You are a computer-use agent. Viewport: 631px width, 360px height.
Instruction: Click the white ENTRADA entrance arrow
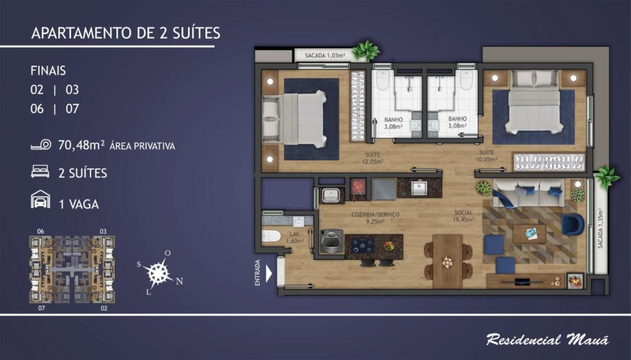coord(269,274)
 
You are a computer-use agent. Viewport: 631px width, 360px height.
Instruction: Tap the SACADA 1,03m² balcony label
coord(325,55)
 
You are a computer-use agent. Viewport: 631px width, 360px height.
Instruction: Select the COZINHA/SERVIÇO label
coord(375,215)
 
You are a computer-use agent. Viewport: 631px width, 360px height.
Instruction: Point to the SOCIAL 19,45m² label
coord(463,216)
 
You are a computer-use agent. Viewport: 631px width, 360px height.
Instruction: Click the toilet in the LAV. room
coord(271,236)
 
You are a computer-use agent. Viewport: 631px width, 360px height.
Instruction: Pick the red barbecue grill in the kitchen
coord(358,188)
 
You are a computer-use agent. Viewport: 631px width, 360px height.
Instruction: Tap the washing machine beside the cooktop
coord(332,241)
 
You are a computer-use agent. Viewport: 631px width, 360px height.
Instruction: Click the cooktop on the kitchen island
coord(362,245)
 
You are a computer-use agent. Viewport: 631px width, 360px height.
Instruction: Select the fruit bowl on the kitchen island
coord(389,245)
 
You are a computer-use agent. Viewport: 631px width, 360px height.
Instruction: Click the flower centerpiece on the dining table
coord(447,262)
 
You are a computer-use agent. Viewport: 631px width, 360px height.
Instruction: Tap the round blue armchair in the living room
coord(572,224)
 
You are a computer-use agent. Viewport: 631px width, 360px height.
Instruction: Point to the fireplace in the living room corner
coord(575,280)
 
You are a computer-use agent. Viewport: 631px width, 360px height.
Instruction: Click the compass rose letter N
coord(179,281)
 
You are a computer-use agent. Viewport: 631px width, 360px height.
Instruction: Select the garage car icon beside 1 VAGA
coord(41,199)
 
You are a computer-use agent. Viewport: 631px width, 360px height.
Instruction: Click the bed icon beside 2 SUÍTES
coord(40,171)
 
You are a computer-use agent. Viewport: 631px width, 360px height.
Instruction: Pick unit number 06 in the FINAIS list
coord(37,108)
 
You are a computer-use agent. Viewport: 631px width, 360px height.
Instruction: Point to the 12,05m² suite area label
coord(373,162)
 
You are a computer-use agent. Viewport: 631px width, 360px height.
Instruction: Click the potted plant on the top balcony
coord(365,51)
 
